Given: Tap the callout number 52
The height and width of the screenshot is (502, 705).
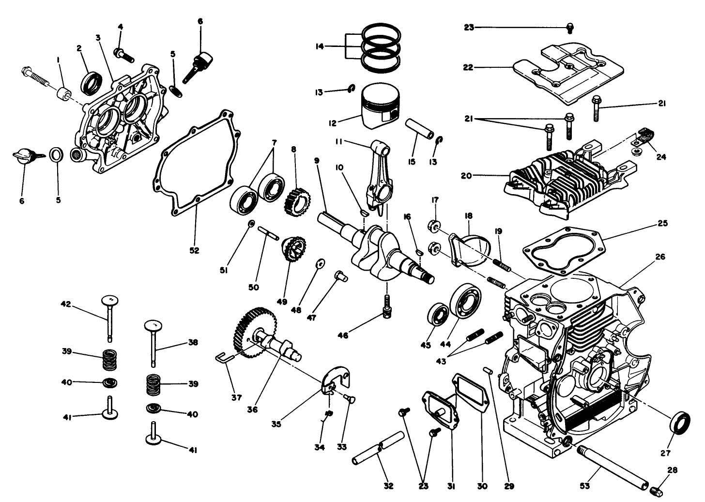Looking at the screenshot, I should pyautogui.click(x=194, y=251).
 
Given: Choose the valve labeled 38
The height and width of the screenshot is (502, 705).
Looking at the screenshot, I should pyautogui.click(x=153, y=344).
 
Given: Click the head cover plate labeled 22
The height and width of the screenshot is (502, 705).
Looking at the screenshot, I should pyautogui.click(x=562, y=73).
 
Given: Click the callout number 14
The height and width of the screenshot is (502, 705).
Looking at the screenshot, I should pyautogui.click(x=319, y=46).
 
